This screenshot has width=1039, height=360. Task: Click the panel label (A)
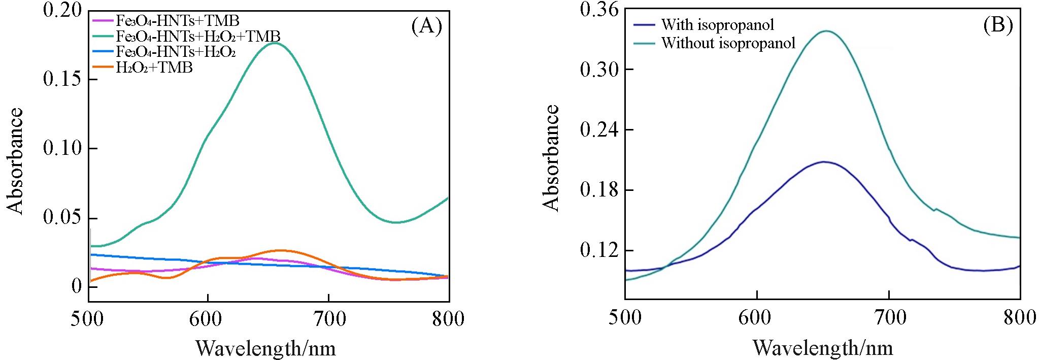click(426, 25)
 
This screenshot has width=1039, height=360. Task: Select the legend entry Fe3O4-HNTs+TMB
click(177, 21)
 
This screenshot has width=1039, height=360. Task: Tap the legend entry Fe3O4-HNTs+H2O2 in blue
click(176, 52)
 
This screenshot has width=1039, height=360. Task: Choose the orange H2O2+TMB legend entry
click(154, 68)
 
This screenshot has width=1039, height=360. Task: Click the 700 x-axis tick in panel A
click(328, 319)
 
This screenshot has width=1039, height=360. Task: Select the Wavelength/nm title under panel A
click(265, 348)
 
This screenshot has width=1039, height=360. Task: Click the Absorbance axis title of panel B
click(551, 157)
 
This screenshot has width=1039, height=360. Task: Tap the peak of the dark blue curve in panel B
click(824, 162)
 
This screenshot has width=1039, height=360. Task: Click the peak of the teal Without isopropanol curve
click(827, 31)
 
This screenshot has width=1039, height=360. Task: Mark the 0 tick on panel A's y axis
click(76, 287)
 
